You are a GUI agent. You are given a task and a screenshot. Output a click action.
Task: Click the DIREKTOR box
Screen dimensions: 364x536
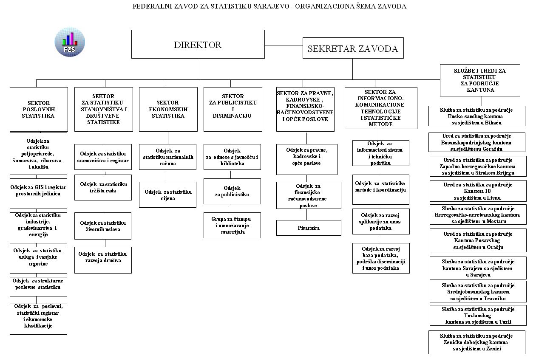[198, 44]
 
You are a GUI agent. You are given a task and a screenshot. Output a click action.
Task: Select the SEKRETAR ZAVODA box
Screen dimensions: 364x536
[353, 48]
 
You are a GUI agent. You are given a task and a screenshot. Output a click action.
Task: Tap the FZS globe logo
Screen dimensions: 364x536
[70, 42]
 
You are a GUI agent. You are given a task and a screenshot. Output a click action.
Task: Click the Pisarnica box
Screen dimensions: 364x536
[309, 228]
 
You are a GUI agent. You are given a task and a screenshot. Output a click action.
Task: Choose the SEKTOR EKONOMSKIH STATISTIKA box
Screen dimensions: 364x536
[168, 110]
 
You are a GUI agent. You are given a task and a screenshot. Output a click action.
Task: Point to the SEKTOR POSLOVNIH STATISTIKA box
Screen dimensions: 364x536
[39, 110]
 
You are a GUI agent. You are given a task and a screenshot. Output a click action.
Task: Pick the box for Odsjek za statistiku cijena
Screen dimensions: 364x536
[167, 195]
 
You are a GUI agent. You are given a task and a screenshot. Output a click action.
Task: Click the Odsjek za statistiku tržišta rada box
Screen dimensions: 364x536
[103, 188]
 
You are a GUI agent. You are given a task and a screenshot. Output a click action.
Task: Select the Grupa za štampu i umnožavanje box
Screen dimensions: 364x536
[232, 226]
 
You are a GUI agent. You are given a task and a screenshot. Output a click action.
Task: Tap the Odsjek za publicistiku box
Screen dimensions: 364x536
[232, 191]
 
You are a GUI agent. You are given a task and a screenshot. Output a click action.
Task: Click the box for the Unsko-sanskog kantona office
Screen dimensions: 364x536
[476, 116]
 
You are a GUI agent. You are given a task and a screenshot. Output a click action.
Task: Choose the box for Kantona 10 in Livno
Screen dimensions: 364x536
[478, 191]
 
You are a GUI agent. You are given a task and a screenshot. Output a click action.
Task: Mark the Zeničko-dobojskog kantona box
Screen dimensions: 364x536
[476, 342]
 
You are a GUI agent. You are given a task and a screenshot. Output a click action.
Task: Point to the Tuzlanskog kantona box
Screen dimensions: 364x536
[478, 315]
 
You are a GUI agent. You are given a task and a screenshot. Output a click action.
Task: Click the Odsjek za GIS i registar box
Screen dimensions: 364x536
[38, 191]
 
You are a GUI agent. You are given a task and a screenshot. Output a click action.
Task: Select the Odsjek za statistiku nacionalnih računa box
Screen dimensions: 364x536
[167, 157]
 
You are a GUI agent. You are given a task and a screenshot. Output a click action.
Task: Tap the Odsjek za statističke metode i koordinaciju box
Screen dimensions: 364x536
[380, 187]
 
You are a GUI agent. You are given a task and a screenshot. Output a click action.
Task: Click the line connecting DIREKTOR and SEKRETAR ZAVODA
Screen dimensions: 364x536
[284, 45]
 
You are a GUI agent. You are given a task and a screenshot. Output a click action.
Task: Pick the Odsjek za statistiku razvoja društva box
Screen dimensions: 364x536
[103, 257]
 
